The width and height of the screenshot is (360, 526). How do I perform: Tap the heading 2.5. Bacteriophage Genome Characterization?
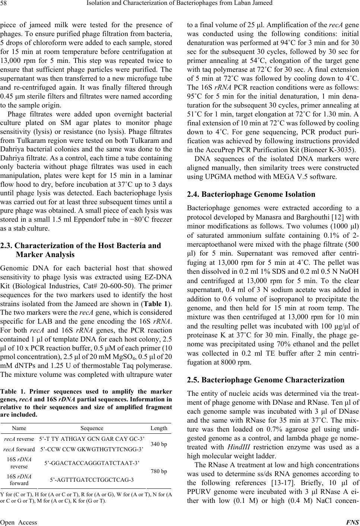pos(266,380)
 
